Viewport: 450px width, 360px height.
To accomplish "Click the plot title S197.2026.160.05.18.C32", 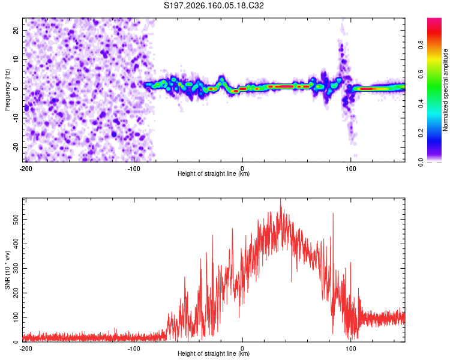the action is [x=214, y=5].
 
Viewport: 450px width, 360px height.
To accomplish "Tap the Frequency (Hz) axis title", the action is [x=7, y=90].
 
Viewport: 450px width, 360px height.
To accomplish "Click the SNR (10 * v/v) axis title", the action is [x=7, y=270].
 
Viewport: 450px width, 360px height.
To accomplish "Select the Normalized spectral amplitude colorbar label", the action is [x=445, y=90].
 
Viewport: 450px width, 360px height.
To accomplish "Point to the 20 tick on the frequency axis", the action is [x=16, y=30].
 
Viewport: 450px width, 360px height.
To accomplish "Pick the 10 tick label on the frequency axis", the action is [x=16, y=59].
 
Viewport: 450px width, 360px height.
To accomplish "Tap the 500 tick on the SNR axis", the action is [x=16, y=220].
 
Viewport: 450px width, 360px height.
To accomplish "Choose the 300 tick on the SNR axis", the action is [x=16, y=268].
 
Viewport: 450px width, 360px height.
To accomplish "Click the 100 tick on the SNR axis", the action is [x=16, y=317].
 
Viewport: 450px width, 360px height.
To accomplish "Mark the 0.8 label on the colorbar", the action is [x=421, y=45].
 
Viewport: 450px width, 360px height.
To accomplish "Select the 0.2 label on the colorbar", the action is [x=421, y=133].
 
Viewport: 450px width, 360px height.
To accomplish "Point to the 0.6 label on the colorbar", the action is [x=421, y=74].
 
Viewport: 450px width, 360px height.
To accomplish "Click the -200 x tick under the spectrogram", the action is [x=26, y=169].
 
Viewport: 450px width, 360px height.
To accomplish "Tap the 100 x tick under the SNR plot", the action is [x=351, y=349].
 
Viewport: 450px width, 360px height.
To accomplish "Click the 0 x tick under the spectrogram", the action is [x=242, y=169].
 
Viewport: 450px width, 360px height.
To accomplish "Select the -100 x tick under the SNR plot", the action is [x=134, y=349].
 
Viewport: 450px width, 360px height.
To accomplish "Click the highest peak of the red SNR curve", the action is [x=281, y=199].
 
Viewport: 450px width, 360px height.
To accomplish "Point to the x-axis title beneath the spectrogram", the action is [x=214, y=173].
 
